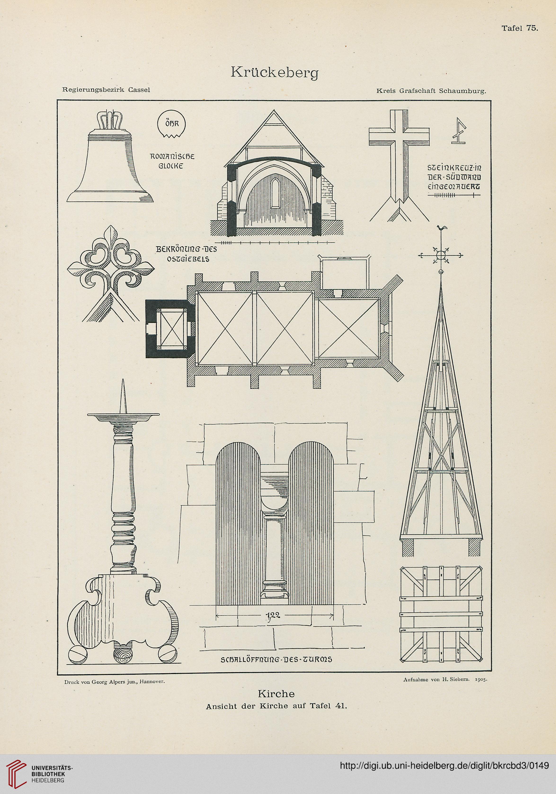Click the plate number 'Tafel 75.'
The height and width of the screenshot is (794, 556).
pyautogui.click(x=520, y=29)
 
